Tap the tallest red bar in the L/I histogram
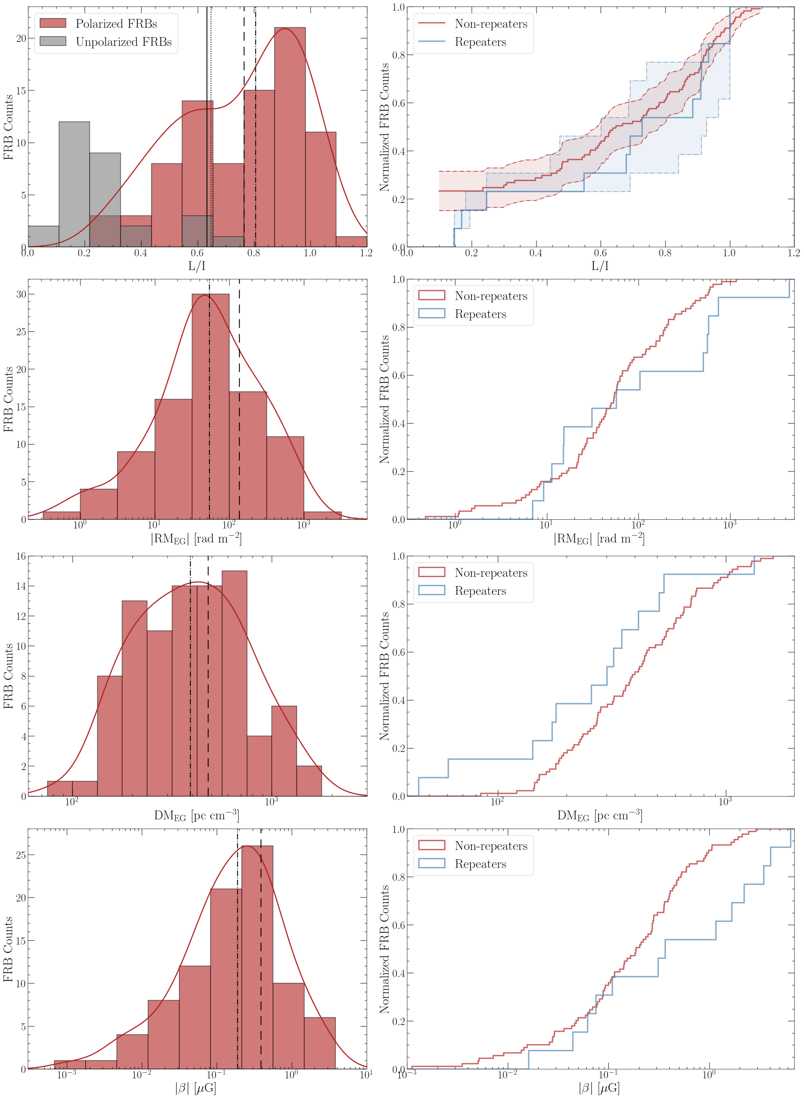coord(290,136)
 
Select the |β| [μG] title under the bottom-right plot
coord(599,1088)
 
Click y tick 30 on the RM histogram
coord(21,294)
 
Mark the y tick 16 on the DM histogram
coord(21,556)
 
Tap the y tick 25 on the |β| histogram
coord(21,855)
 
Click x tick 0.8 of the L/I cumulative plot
coord(665,253)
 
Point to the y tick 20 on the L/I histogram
coord(21,38)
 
